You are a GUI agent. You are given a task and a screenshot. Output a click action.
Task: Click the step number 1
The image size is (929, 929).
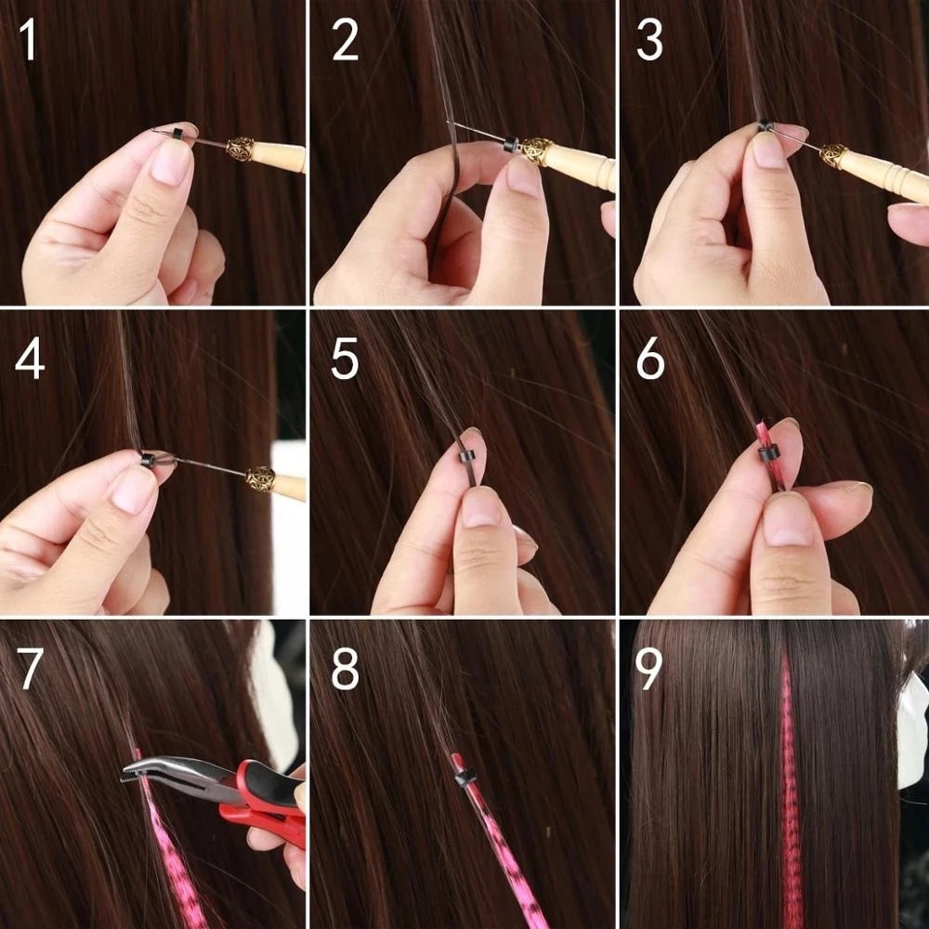(x=29, y=41)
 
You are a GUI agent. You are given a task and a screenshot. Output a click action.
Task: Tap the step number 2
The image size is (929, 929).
(x=345, y=41)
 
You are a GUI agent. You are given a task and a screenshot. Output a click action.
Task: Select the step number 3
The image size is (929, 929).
(x=650, y=41)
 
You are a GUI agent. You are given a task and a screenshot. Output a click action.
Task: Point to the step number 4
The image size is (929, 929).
(x=29, y=360)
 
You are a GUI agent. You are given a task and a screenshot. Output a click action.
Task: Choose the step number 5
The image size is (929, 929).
(x=345, y=360)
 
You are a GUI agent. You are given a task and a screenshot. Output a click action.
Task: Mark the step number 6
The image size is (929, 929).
(x=650, y=360)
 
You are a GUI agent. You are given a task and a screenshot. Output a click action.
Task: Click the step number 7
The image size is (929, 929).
(x=31, y=670)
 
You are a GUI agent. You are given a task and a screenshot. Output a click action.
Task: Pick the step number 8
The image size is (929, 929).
(x=345, y=670)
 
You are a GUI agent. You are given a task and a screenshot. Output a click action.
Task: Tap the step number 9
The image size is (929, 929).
(x=650, y=670)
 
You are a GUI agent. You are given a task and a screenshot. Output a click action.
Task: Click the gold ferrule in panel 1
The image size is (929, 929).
(x=241, y=149)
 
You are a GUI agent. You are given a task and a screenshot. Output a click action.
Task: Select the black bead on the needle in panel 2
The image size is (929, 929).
(x=510, y=144)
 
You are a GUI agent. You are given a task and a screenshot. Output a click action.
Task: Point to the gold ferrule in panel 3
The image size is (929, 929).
(x=833, y=155)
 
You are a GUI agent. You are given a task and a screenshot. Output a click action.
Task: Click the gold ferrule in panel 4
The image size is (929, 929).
(x=260, y=478)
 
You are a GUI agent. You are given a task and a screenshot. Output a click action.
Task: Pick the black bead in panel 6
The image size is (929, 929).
(x=767, y=454)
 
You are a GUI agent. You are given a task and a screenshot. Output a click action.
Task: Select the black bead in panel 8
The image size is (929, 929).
(x=465, y=777)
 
